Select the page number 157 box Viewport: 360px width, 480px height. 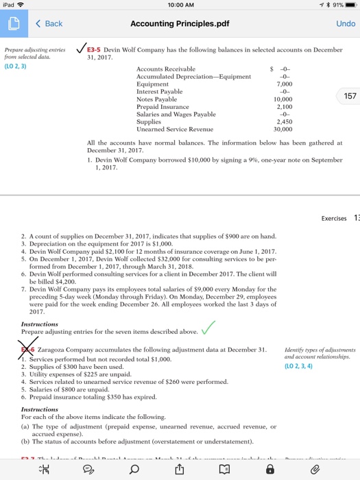click(x=350, y=97)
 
